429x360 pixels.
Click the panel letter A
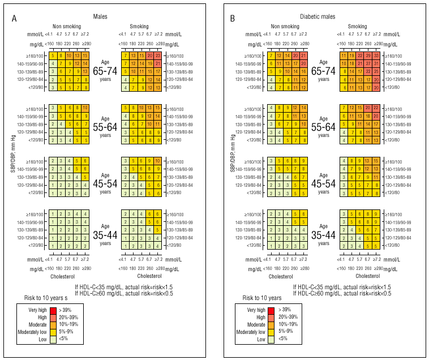pos(14,19)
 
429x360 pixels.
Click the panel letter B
pos(232,19)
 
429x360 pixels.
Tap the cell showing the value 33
pos(376,55)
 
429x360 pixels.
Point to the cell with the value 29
pos(368,55)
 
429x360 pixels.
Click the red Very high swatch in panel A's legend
pos(53,310)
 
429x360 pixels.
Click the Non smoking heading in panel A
pos(67,26)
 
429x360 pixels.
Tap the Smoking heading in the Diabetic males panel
pos(357,26)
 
